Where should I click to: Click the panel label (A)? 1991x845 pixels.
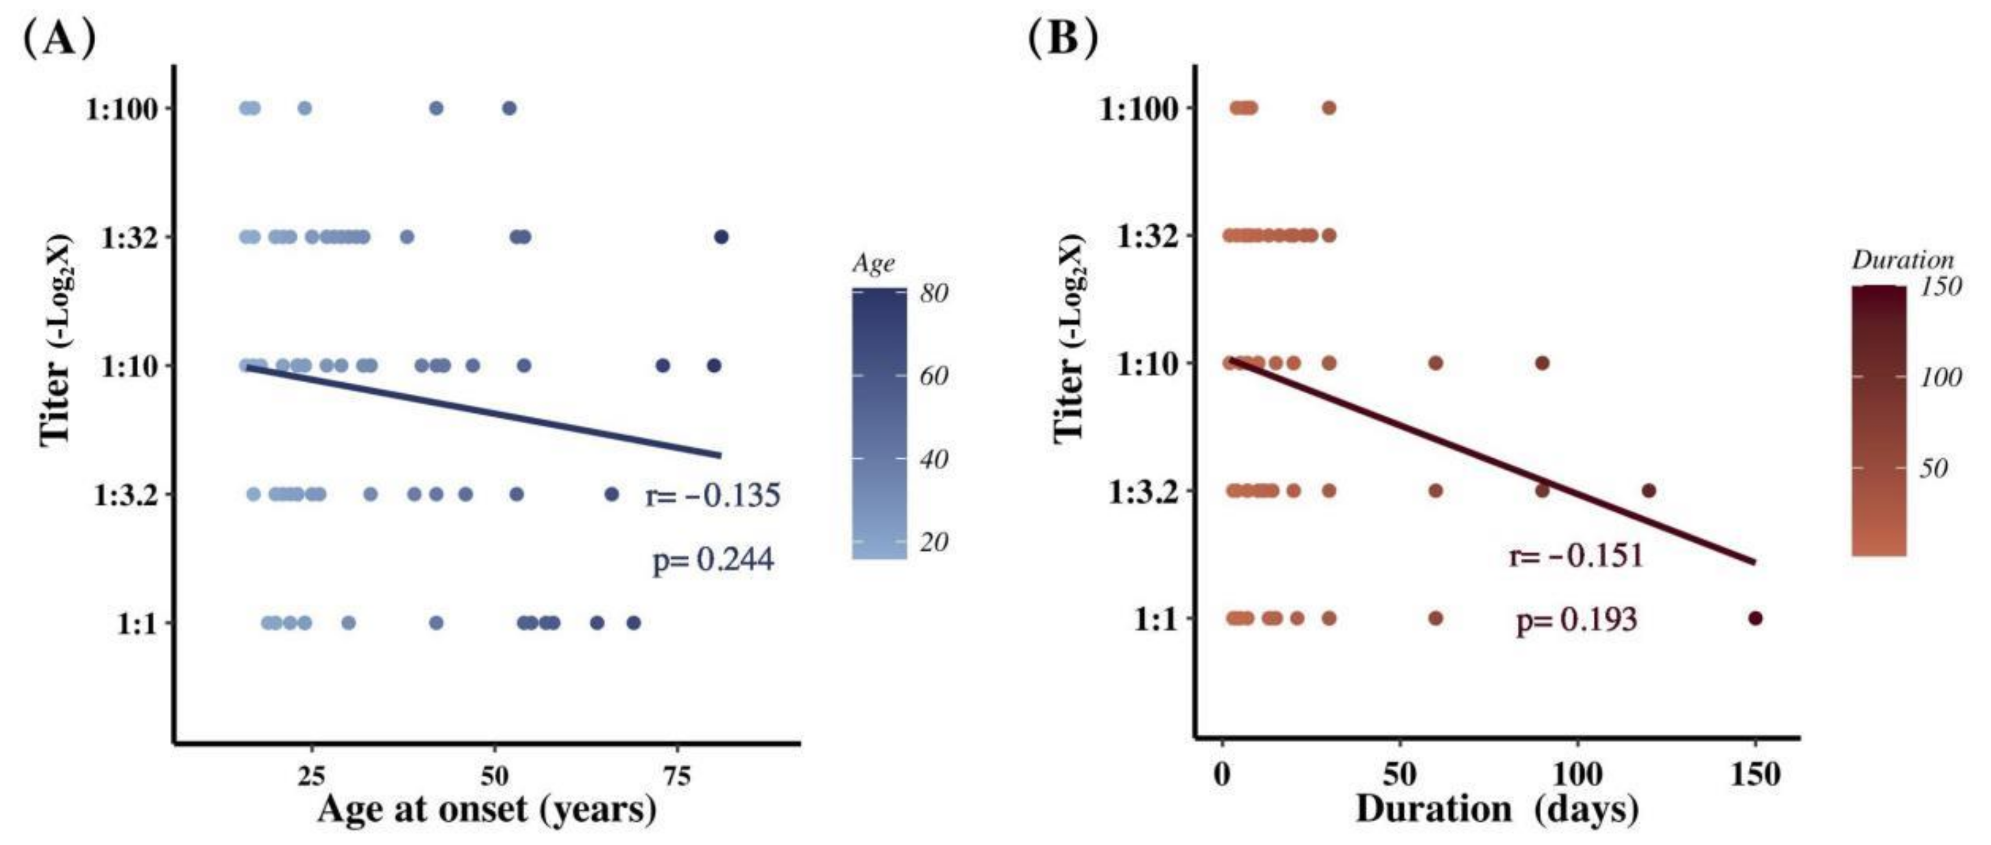[59, 39]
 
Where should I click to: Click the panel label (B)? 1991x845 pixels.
[1063, 39]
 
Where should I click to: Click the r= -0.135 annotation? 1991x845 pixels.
[712, 495]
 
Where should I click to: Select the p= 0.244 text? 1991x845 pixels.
[712, 560]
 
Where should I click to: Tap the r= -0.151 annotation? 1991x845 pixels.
[1576, 555]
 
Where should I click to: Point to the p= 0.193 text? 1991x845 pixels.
[1576, 619]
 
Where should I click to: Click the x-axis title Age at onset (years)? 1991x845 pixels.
[487, 810]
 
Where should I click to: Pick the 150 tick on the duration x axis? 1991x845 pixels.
[1755, 774]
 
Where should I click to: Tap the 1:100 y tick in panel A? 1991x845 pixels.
[122, 109]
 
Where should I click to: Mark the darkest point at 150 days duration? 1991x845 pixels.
[1755, 619]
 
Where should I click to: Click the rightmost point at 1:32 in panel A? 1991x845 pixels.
[721, 238]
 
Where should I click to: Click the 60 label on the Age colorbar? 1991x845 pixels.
[934, 376]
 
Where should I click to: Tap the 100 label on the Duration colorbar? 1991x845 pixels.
[1940, 377]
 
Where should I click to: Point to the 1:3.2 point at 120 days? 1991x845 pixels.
[1648, 490]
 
